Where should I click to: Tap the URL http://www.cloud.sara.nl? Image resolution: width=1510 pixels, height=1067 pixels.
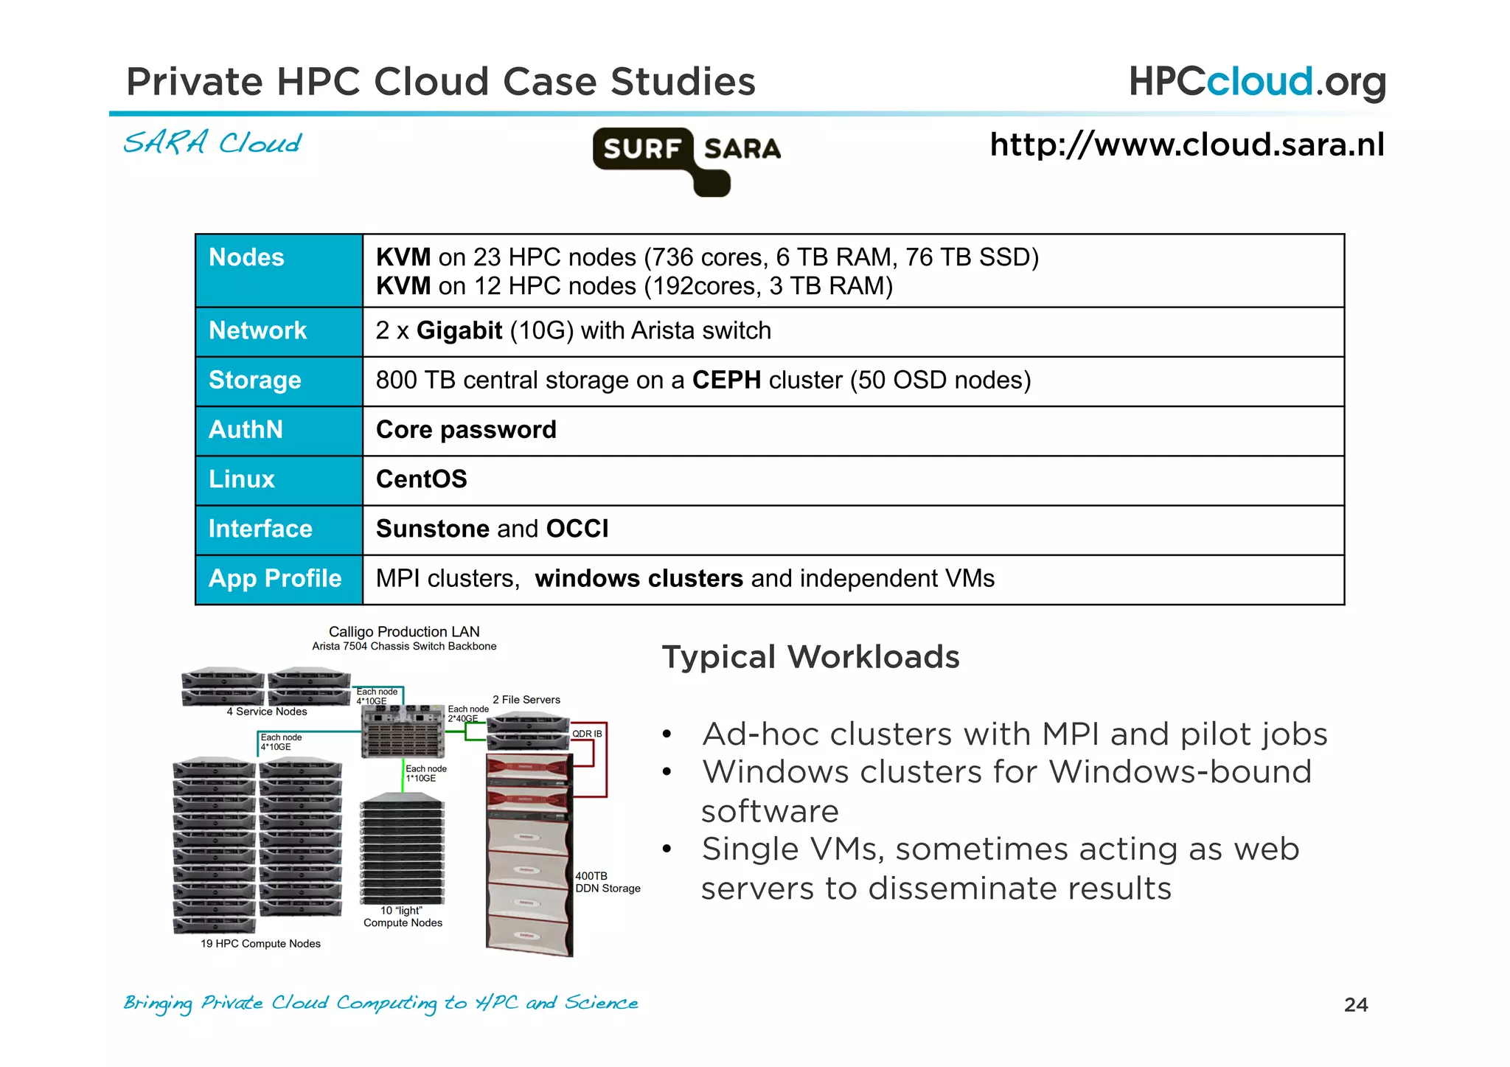(x=1186, y=145)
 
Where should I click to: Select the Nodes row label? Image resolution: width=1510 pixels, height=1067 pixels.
(x=246, y=257)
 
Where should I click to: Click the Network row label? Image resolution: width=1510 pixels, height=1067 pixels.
(x=257, y=330)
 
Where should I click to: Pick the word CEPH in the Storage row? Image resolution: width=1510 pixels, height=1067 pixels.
(x=726, y=380)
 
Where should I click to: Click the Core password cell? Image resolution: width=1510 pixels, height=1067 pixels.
(x=466, y=430)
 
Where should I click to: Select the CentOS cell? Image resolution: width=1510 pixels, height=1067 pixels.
(x=421, y=479)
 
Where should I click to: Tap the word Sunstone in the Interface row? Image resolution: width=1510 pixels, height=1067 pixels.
(x=432, y=529)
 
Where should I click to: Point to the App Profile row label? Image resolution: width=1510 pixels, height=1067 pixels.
(x=275, y=579)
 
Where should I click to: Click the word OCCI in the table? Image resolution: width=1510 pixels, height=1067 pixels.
(x=577, y=529)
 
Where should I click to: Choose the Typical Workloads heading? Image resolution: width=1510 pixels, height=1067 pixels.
(x=810, y=657)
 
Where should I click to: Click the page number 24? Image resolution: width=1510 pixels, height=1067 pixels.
(x=1355, y=1005)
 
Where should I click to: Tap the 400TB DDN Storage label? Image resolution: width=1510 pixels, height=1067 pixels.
(x=607, y=883)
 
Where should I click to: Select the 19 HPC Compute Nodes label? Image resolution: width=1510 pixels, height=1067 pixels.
(x=260, y=944)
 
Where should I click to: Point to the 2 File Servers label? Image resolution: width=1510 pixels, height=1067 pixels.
(x=526, y=700)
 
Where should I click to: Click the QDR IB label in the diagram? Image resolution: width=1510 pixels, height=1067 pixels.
(x=587, y=734)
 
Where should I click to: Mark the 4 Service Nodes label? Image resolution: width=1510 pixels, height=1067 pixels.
(x=267, y=712)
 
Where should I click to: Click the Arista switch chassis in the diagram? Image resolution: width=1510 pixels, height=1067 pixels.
(x=403, y=732)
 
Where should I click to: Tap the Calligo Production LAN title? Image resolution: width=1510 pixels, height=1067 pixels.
(x=404, y=632)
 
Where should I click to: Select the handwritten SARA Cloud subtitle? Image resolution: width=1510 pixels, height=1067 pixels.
(x=212, y=143)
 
